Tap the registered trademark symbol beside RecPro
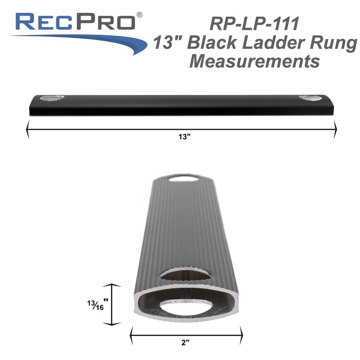(x=140, y=15)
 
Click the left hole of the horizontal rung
(x=52, y=98)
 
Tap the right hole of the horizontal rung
(x=311, y=98)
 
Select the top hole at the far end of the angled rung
(x=185, y=179)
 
